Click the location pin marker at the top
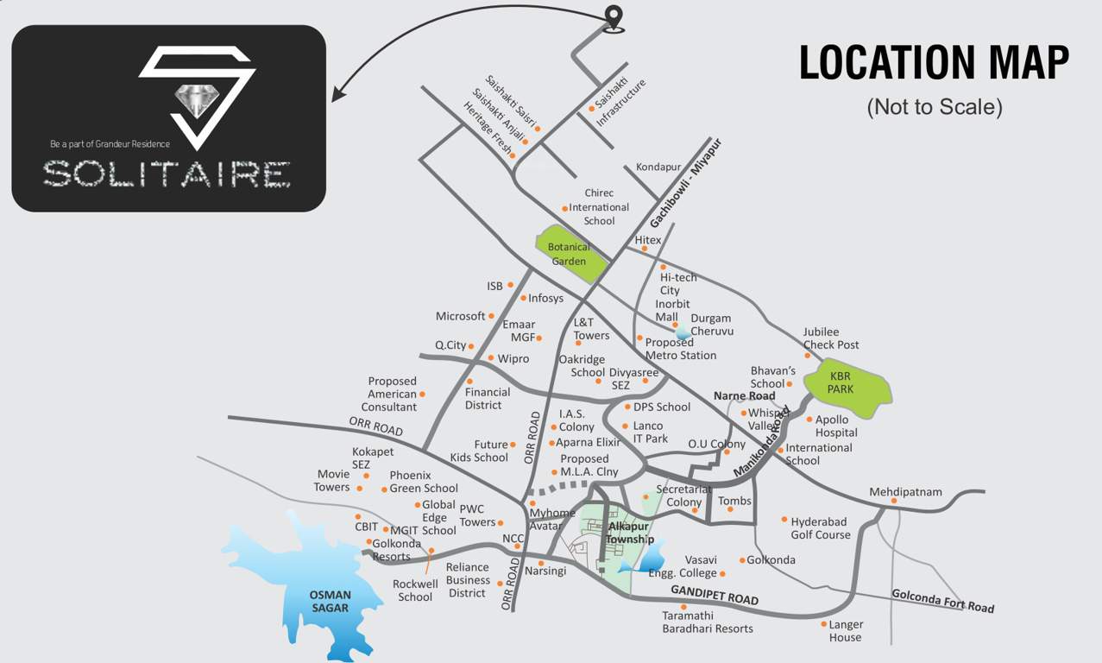pyautogui.click(x=614, y=17)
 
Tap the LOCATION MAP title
pyautogui.click(x=934, y=63)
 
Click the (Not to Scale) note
pyautogui.click(x=935, y=107)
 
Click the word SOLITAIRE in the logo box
pyautogui.click(x=167, y=174)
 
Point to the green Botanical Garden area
pyautogui.click(x=570, y=254)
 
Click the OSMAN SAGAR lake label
pyautogui.click(x=331, y=601)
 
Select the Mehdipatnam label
pyautogui.click(x=905, y=492)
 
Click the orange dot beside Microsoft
pyautogui.click(x=492, y=316)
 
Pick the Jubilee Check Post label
pyautogui.click(x=831, y=338)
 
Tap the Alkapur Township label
pyautogui.click(x=629, y=533)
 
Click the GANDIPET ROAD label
pyautogui.click(x=714, y=595)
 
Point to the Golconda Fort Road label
pyautogui.click(x=942, y=600)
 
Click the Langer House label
pyautogui.click(x=846, y=630)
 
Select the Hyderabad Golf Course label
pyautogui.click(x=820, y=528)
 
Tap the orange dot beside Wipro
pyautogui.click(x=491, y=358)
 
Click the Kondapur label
pyautogui.click(x=658, y=167)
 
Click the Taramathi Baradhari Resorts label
pyautogui.click(x=708, y=622)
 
